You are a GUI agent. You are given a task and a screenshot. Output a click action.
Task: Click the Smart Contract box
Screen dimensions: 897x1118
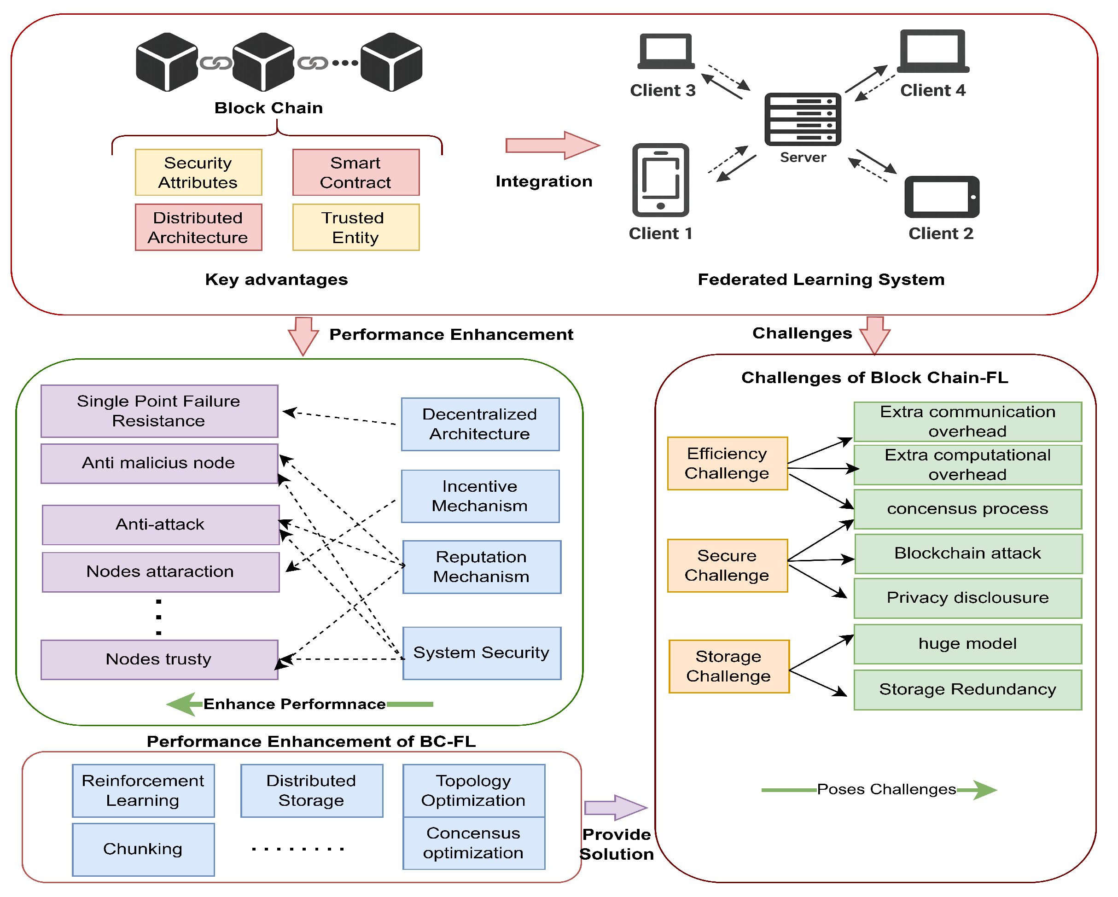coord(356,173)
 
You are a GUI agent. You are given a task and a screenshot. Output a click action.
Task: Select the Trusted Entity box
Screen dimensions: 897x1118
coord(356,227)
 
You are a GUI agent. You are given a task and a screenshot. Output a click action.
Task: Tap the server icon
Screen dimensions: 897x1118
coord(802,119)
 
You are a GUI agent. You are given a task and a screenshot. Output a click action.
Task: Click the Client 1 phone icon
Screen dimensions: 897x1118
coord(660,180)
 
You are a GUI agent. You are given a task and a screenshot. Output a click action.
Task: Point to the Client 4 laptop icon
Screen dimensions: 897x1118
coord(932,51)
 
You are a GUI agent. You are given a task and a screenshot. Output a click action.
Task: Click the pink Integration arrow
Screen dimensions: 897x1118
coord(552,145)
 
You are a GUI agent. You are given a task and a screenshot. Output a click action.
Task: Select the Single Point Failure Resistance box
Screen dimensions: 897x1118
coord(159,411)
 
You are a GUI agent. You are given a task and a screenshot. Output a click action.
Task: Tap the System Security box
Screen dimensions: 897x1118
coord(482,653)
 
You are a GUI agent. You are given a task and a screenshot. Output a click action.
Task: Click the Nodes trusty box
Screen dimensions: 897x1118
coord(159,659)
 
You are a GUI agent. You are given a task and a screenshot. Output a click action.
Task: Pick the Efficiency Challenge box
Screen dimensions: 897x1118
coord(727,464)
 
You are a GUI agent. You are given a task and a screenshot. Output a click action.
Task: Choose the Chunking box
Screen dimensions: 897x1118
coord(143,849)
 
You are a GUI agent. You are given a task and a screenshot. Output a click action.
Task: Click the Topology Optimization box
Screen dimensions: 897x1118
coord(473,790)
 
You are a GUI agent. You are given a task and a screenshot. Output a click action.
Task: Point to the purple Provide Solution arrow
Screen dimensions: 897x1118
coord(615,807)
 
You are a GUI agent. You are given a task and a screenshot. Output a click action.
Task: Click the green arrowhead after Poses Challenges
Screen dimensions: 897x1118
coord(984,790)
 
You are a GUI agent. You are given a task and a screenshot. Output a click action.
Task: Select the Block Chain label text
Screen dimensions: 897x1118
coord(268,108)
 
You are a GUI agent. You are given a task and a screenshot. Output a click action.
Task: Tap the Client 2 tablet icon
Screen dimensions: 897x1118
coord(941,197)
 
